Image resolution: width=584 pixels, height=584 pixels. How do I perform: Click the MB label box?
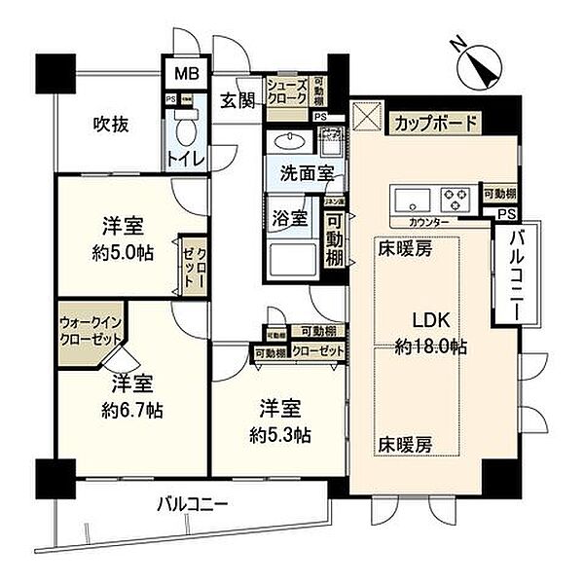tap(182, 74)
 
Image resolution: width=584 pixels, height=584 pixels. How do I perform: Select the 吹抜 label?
tap(112, 124)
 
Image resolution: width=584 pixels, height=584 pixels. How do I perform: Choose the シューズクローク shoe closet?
tap(288, 92)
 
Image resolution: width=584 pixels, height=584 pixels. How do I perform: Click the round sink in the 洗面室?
tap(288, 141)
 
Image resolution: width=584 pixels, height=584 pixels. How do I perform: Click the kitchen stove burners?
tap(455, 199)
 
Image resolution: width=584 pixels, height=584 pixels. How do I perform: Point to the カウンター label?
tap(428, 222)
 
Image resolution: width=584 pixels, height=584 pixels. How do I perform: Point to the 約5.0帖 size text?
tap(124, 252)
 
